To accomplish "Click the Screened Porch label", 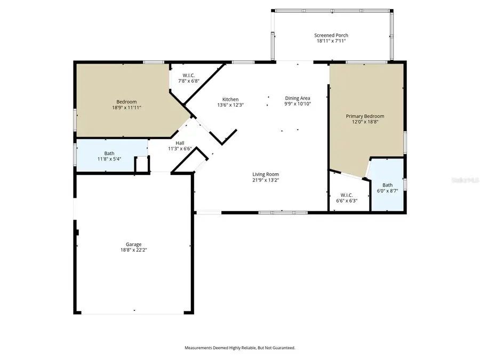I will tap(331, 35).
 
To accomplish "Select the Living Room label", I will tap(265, 174).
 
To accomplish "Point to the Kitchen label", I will tap(230, 99).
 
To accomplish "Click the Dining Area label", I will tap(297, 98).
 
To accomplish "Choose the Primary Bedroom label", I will tap(365, 116).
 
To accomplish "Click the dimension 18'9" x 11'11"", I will tap(126, 107).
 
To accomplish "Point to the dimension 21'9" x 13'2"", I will tap(265, 180).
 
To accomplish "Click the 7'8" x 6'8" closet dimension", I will tap(189, 81).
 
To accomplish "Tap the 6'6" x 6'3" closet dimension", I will tap(347, 201).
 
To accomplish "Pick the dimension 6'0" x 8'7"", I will tap(387, 190).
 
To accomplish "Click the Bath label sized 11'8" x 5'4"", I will tap(109, 153).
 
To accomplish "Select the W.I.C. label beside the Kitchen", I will tap(189, 75).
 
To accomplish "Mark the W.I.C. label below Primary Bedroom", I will tap(347, 195).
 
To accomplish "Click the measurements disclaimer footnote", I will tap(239, 348).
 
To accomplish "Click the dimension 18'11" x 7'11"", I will tap(331, 41).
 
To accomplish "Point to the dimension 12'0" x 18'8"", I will tap(365, 122).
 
